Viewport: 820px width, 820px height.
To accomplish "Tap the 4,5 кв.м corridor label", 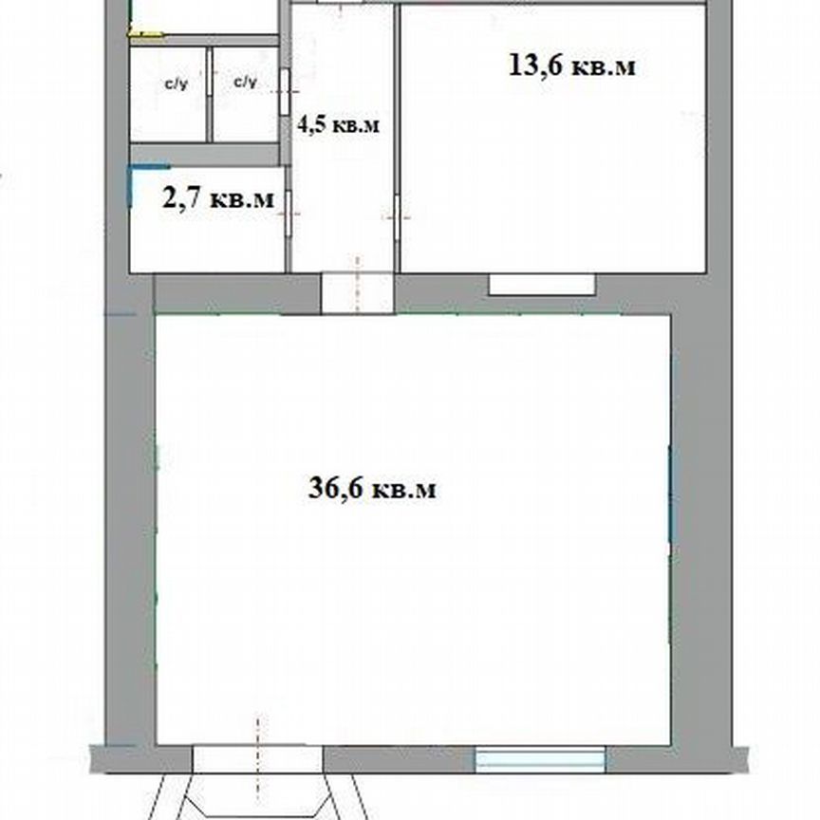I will click(x=339, y=124).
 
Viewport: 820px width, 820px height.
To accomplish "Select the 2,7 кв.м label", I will click(x=218, y=199).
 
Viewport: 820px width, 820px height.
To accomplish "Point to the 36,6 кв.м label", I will click(x=373, y=489).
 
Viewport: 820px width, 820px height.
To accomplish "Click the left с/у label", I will click(x=177, y=84).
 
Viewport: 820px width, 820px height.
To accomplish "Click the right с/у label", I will click(x=246, y=84).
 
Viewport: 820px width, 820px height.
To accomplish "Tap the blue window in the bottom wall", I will click(x=540, y=758).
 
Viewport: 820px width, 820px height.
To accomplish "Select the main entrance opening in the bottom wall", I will click(x=257, y=758).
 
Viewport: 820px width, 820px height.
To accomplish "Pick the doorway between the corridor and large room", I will click(x=357, y=292).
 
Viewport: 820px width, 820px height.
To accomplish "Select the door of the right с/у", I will click(x=284, y=90).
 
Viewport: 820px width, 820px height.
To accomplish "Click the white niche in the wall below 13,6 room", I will click(x=542, y=283).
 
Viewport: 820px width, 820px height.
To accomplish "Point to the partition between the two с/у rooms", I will click(x=210, y=93).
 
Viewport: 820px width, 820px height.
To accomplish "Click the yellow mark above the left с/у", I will click(x=145, y=35).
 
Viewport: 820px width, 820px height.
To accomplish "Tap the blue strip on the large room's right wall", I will click(x=670, y=494).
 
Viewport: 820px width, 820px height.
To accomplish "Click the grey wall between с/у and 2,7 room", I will click(x=204, y=154).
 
